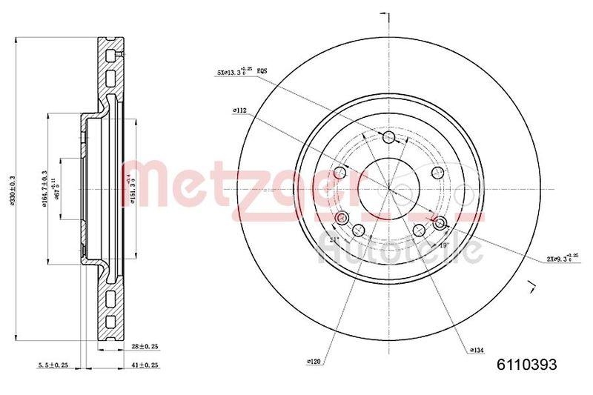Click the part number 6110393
pyautogui.click(x=525, y=364)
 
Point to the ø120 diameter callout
pyautogui.click(x=314, y=362)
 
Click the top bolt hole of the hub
pyautogui.click(x=390, y=136)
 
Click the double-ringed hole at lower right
pyautogui.click(x=440, y=223)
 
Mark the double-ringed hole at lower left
pyautogui.click(x=341, y=218)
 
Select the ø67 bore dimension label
pyautogui.click(x=73, y=178)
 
